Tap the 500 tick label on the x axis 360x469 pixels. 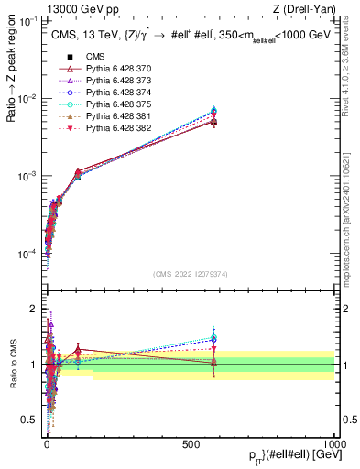click(x=191, y=443)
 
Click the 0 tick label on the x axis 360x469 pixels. click(x=48, y=443)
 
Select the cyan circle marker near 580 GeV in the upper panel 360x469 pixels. click(x=213, y=111)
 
